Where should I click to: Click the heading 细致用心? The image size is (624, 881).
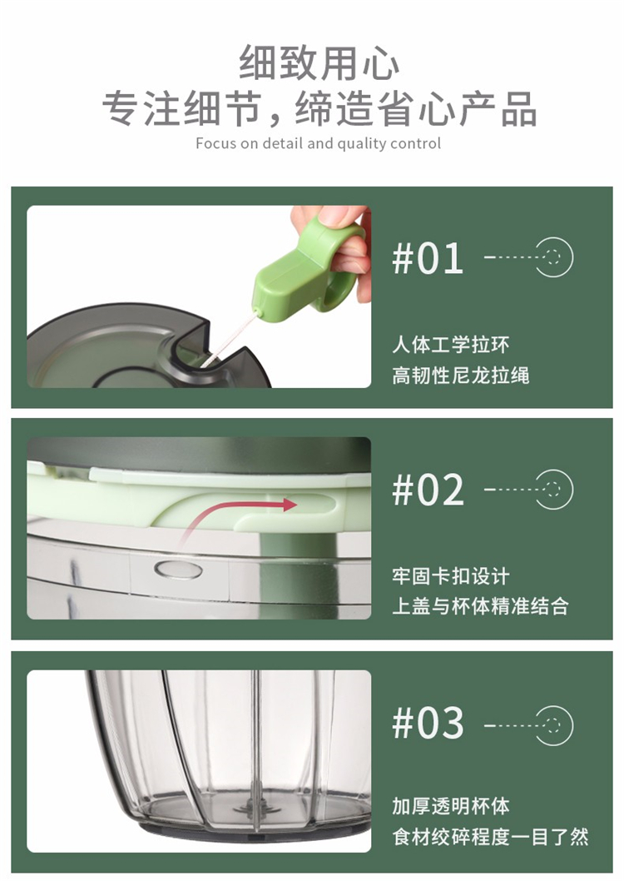pyautogui.click(x=319, y=63)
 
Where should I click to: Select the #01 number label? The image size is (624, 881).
pyautogui.click(x=428, y=258)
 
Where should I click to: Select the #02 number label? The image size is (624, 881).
pyautogui.click(x=428, y=490)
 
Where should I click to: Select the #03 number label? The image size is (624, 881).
pyautogui.click(x=428, y=722)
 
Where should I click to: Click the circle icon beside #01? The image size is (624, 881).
pyautogui.click(x=554, y=257)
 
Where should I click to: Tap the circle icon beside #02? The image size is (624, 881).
pyautogui.click(x=554, y=490)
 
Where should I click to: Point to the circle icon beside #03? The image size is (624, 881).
pyautogui.click(x=554, y=725)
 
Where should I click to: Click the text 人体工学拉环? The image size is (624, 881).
pyautogui.click(x=451, y=345)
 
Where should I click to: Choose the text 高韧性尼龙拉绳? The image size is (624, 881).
pyautogui.click(x=461, y=375)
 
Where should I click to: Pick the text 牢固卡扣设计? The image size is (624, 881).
pyautogui.click(x=451, y=576)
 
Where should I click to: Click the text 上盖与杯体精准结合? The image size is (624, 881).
pyautogui.click(x=480, y=606)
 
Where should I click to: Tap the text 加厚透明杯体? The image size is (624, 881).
pyautogui.click(x=451, y=806)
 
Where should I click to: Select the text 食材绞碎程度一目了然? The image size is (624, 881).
pyautogui.click(x=490, y=837)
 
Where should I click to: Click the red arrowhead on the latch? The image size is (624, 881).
pyautogui.click(x=289, y=505)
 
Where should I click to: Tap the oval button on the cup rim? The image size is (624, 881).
pyautogui.click(x=178, y=570)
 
